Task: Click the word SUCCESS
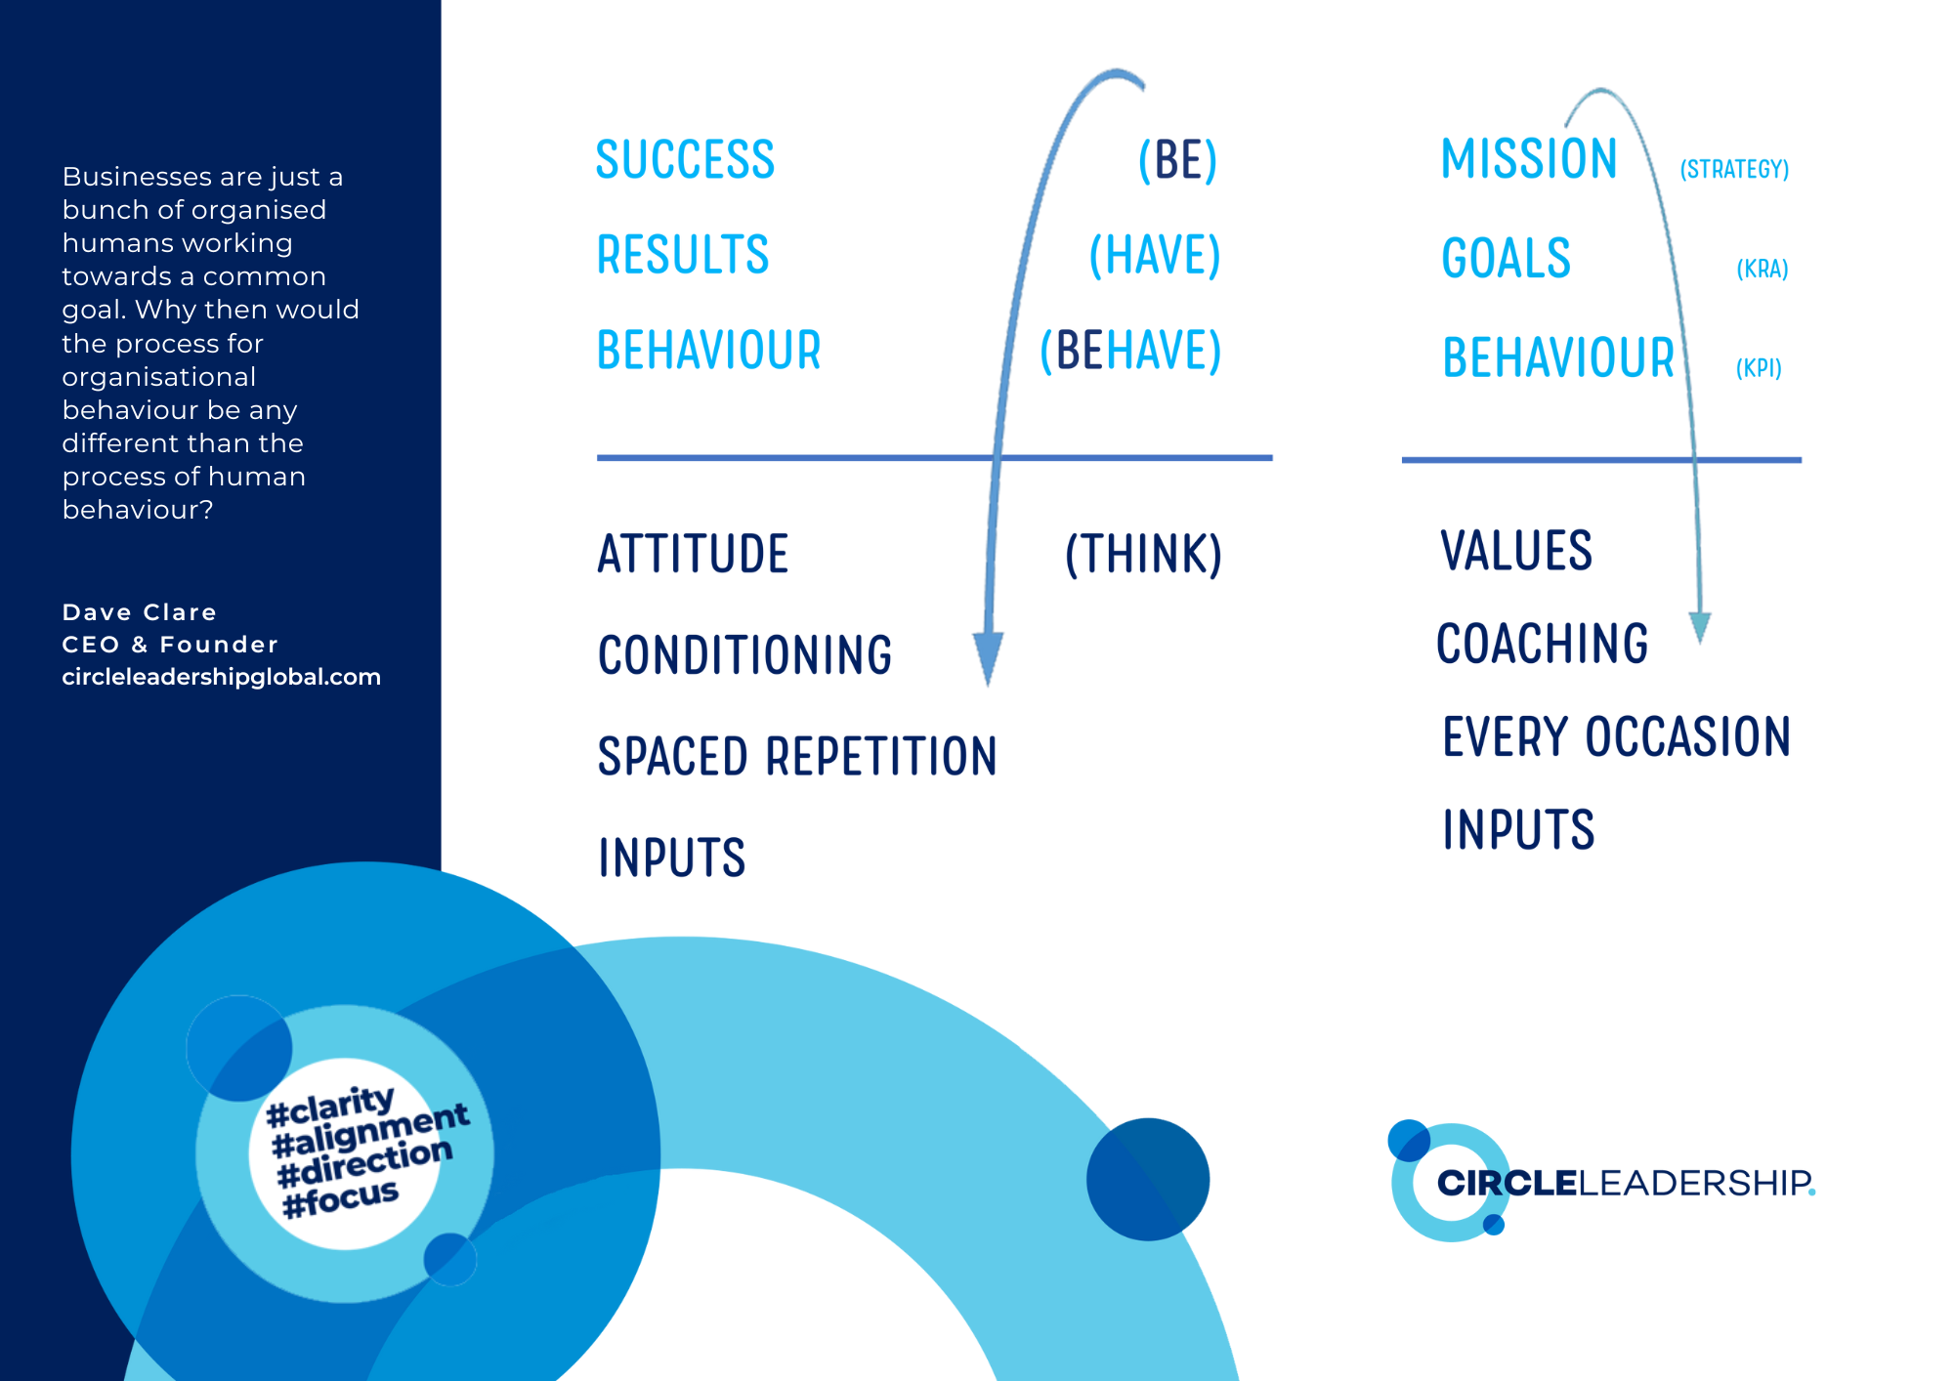click(x=685, y=160)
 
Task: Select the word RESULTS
click(x=683, y=255)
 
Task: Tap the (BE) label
click(x=1178, y=161)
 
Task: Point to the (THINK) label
click(x=1143, y=555)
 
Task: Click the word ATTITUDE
click(x=693, y=554)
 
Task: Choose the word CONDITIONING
click(x=744, y=655)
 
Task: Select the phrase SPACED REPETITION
click(x=797, y=757)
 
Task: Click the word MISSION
click(x=1529, y=159)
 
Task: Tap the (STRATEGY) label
click(x=1734, y=170)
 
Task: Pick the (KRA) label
click(x=1763, y=270)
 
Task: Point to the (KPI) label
click(x=1759, y=368)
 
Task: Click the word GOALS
click(x=1506, y=259)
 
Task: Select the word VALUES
click(x=1516, y=551)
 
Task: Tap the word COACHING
click(x=1542, y=645)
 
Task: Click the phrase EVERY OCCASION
click(x=1616, y=737)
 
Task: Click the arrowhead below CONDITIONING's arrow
click(x=988, y=657)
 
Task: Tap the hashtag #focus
click(x=341, y=1198)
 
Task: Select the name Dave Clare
click(x=139, y=612)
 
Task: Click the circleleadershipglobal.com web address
click(x=221, y=677)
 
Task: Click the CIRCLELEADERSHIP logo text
click(x=1626, y=1183)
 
